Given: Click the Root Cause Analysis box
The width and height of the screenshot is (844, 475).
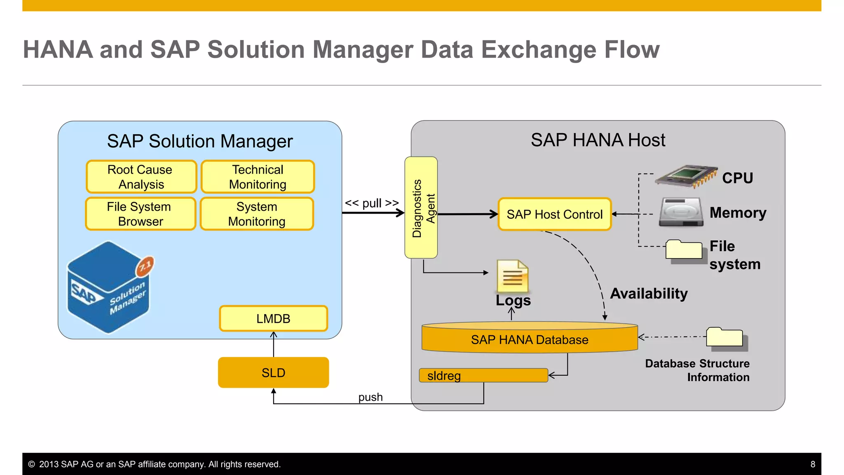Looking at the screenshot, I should tap(141, 177).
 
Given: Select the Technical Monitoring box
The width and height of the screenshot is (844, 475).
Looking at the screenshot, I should tap(258, 177).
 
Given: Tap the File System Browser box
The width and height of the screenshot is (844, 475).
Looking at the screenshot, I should tap(140, 214).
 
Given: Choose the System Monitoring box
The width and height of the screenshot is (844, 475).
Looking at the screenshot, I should tap(257, 214).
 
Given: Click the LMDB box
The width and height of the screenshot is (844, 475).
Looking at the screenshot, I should tap(273, 318).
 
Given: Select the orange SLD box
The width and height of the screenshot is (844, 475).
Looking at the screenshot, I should tap(273, 372).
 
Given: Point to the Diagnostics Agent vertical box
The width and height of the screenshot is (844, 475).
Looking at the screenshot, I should tap(421, 207).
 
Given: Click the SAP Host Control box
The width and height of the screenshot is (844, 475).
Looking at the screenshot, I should tap(554, 214).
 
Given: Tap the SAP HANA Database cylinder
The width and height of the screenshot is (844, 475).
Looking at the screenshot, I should tap(530, 339).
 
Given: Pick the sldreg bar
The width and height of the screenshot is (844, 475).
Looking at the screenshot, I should tap(483, 375).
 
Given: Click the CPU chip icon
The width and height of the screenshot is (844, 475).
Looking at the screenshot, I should tap(687, 176).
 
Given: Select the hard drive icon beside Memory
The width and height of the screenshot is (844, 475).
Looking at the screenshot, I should tap(681, 212).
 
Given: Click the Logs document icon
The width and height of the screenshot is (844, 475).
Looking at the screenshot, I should tap(512, 276).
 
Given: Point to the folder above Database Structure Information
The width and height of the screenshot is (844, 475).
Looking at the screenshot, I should tap(725, 338).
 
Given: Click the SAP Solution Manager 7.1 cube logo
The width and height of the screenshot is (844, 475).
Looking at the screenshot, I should tap(110, 287).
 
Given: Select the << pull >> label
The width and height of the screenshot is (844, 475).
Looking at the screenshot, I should tap(372, 203).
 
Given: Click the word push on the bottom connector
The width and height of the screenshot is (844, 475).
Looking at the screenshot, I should tap(370, 397).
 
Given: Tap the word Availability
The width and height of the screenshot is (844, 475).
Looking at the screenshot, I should tap(649, 293).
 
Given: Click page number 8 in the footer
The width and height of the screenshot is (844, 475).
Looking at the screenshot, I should tap(813, 464).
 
